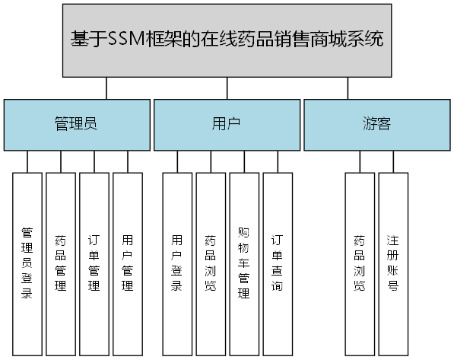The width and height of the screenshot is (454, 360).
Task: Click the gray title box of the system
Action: (227, 40)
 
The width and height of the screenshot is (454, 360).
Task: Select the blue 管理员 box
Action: (76, 124)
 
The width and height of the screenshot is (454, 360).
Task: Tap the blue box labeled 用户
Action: (227, 124)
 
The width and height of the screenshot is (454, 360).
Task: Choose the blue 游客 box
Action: (376, 124)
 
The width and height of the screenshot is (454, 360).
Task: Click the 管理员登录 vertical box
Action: (27, 263)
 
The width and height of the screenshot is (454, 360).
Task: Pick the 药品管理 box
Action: (61, 263)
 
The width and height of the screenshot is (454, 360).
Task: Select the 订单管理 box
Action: (94, 263)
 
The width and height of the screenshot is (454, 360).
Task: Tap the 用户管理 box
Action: (128, 263)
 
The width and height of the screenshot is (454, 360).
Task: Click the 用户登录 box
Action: (177, 263)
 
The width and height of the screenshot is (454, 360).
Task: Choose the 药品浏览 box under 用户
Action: (211, 263)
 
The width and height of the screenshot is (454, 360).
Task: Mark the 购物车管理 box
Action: (244, 263)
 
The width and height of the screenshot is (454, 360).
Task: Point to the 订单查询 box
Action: (278, 263)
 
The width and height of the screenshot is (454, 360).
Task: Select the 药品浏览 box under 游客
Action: (359, 263)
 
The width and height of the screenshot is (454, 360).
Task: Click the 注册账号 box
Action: (393, 263)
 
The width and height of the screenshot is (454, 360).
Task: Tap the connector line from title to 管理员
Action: (106, 88)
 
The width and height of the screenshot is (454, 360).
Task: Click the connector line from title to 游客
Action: (348, 88)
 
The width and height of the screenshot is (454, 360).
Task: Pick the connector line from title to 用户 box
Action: (227, 88)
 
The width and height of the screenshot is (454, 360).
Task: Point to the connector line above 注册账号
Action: (393, 161)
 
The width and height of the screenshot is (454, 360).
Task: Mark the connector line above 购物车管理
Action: (244, 161)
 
